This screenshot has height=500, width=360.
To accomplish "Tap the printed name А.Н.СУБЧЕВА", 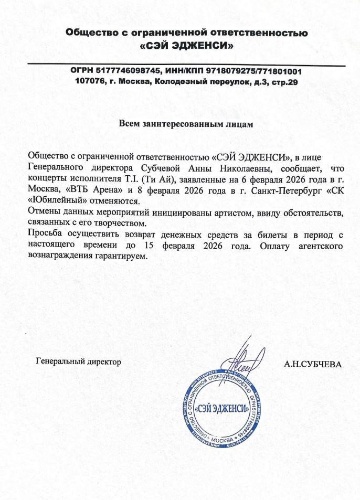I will coord(312,362).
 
